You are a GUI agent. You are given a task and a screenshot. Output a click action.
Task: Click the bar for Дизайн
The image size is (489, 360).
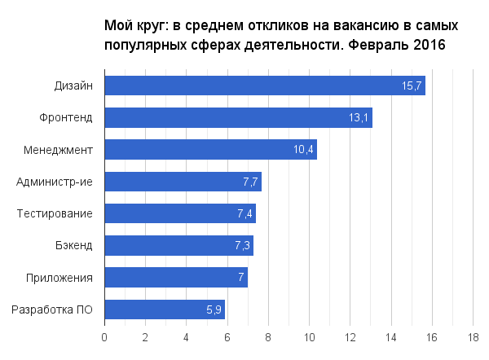click(265, 86)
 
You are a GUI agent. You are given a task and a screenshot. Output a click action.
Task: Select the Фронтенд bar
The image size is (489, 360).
click(238, 117)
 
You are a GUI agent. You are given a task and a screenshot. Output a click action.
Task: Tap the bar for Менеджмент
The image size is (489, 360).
click(210, 150)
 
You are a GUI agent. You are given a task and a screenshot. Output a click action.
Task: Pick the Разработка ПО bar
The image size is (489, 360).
click(165, 310)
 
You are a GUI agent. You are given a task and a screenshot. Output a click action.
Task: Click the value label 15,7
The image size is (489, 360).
click(412, 86)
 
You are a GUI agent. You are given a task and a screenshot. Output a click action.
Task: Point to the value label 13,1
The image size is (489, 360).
click(359, 118)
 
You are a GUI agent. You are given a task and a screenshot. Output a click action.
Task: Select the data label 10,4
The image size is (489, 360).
click(303, 150)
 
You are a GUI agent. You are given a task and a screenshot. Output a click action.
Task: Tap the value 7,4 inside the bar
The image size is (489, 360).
click(245, 214)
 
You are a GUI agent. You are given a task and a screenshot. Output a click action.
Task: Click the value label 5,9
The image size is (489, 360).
click(214, 310)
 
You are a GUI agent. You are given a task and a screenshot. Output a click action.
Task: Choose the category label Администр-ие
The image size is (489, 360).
click(55, 182)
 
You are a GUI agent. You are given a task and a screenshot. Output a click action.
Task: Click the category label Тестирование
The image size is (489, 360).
click(55, 214)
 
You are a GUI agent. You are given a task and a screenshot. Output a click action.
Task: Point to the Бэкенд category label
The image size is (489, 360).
click(73, 246)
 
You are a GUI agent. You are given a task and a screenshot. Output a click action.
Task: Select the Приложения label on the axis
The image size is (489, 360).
click(60, 278)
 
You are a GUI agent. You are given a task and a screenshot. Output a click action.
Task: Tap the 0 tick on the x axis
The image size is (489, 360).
click(104, 336)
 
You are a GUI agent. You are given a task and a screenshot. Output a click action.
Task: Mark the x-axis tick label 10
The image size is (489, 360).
click(309, 336)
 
